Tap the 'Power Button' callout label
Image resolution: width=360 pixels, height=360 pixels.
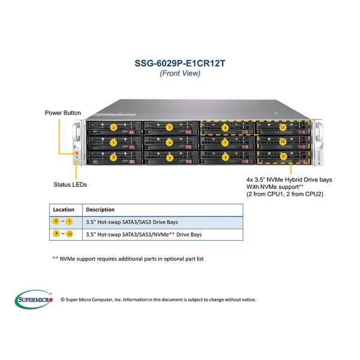(62, 112)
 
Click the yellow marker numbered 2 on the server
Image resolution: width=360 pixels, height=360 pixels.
(113, 127)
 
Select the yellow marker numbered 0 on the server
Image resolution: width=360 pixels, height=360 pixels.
(113, 157)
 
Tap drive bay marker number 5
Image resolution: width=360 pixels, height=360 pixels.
(169, 127)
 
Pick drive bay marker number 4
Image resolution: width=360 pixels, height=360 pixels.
(169, 143)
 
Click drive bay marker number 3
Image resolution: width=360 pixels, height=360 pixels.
(169, 158)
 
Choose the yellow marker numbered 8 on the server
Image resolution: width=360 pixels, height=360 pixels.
(225, 127)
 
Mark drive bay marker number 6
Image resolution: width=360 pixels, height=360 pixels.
(225, 157)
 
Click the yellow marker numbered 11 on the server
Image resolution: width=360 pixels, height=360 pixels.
(282, 127)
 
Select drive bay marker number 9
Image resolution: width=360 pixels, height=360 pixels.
(282, 157)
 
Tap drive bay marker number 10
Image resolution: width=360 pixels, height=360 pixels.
(282, 142)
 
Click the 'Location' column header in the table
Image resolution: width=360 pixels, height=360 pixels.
(64, 210)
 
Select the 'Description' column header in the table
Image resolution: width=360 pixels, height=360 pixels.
(100, 210)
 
